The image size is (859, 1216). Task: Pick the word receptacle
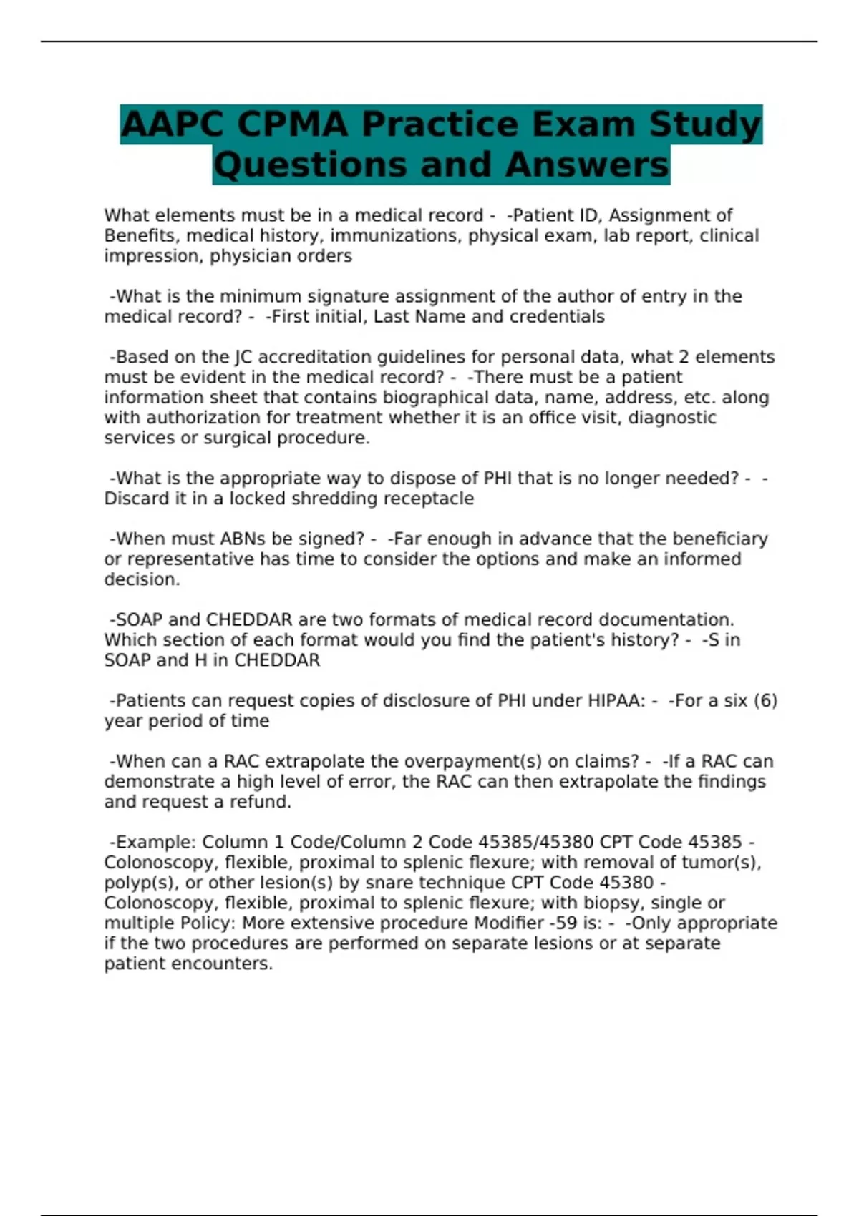431,499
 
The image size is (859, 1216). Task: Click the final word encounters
227,964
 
